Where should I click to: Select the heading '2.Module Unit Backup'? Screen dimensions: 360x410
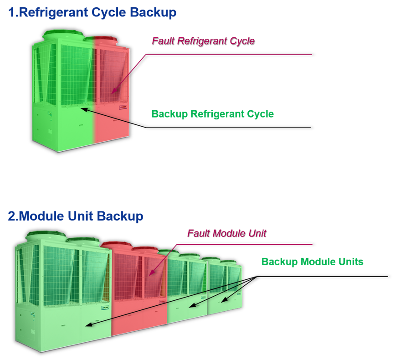pos(76,216)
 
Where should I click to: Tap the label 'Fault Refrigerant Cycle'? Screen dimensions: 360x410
pos(203,41)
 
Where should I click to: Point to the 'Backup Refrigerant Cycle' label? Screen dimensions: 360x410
pos(213,114)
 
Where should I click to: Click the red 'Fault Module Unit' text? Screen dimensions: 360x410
pos(226,233)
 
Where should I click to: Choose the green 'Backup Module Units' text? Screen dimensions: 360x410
pos(312,262)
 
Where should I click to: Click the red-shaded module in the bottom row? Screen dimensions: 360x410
pos(139,292)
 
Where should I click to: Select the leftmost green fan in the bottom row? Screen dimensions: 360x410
pos(41,236)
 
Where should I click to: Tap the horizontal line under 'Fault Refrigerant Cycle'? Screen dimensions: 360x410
pos(228,55)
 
